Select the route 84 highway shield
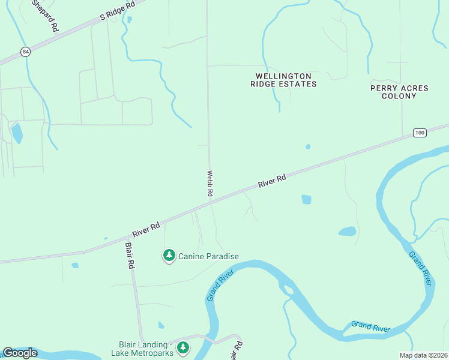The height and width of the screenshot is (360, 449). pos(24,52)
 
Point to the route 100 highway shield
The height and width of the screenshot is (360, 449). pos(420,132)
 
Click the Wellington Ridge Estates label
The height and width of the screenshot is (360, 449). pos(283,80)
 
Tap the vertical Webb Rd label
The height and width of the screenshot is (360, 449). pos(210,183)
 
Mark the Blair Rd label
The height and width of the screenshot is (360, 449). pos(130,256)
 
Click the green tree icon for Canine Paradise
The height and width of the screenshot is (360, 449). pos(169,256)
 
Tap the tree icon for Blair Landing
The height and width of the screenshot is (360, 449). pos(183,347)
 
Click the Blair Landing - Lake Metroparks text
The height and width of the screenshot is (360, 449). pos(145,349)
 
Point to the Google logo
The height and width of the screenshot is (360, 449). pos(20,352)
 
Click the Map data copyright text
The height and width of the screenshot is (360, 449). pos(423,355)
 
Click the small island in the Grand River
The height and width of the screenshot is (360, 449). pos(288,290)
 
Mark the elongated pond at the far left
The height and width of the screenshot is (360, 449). pos(17,133)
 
